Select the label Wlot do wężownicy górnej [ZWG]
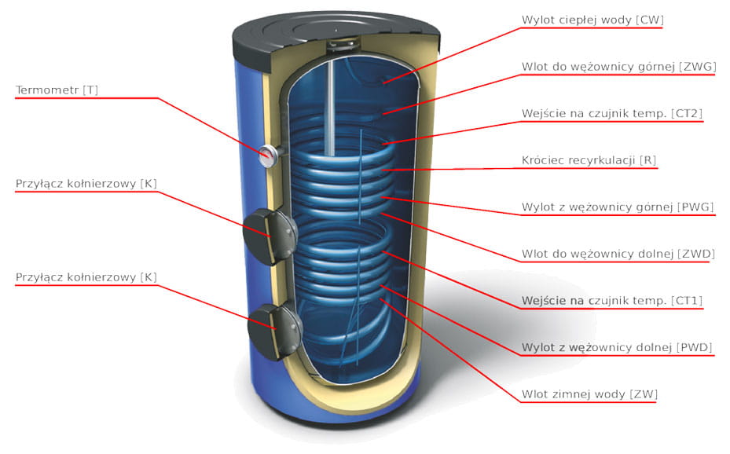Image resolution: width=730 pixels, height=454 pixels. (618, 67)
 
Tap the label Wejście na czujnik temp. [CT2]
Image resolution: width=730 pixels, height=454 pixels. (611, 114)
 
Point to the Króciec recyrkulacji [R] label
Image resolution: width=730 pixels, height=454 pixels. (589, 160)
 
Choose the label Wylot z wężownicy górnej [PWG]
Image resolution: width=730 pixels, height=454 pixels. (617, 207)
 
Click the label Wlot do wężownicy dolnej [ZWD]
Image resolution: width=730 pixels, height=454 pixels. (618, 254)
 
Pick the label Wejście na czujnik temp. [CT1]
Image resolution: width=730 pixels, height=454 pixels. (611, 301)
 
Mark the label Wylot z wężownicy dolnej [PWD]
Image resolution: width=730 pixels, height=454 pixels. (617, 347)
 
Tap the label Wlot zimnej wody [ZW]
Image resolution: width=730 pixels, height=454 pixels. (589, 394)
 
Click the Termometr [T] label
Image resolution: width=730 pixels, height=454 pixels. (57, 90)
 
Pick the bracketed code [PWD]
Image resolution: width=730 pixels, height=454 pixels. (693, 347)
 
